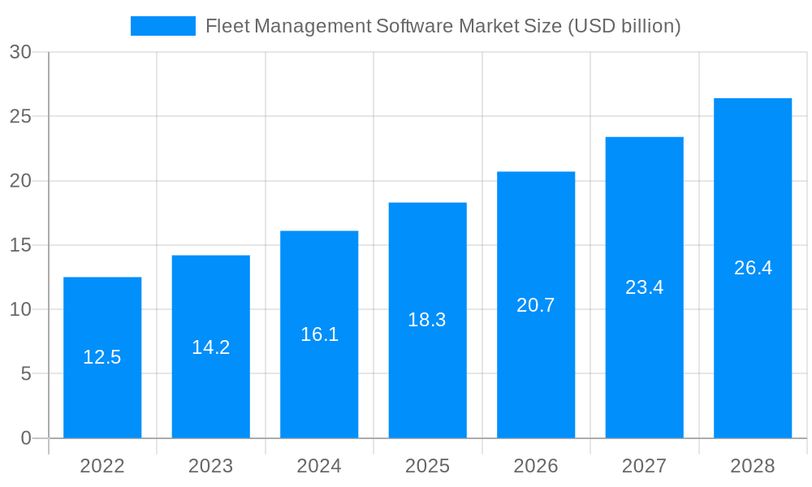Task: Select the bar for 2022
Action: pyautogui.click(x=102, y=390)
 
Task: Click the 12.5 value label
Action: pyautogui.click(x=102, y=357)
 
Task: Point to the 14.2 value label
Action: pyautogui.click(x=211, y=347)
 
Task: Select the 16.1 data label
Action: pyautogui.click(x=319, y=334)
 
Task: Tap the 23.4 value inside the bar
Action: pyautogui.click(x=645, y=287)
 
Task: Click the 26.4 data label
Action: pyautogui.click(x=753, y=268)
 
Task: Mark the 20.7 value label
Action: pyautogui.click(x=536, y=305)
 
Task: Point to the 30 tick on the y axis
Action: pyautogui.click(x=20, y=52)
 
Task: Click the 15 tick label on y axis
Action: pyautogui.click(x=20, y=245)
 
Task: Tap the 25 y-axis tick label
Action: pyautogui.click(x=20, y=116)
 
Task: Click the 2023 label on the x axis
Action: pyautogui.click(x=211, y=466)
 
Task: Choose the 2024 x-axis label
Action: pyautogui.click(x=319, y=466)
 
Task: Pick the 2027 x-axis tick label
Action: pyautogui.click(x=645, y=466)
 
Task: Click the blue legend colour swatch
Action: pyautogui.click(x=163, y=26)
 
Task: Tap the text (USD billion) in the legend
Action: pyautogui.click(x=624, y=26)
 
